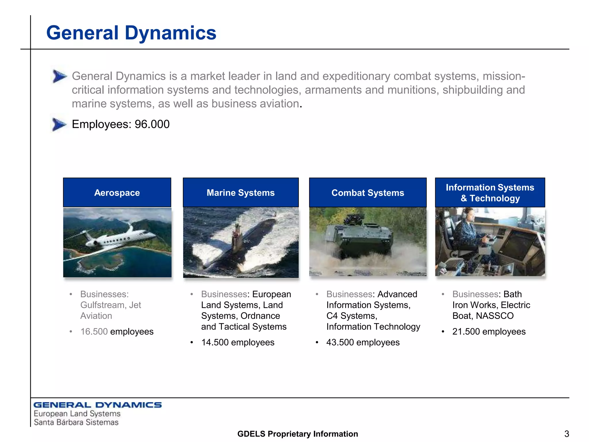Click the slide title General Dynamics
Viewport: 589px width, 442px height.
pos(131,33)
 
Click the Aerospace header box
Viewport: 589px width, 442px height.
pos(117,193)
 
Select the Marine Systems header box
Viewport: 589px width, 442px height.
pos(241,193)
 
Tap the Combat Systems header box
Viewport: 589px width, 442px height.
pos(368,193)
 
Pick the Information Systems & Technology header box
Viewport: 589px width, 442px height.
pos(490,193)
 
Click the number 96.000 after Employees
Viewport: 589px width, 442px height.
pos(152,124)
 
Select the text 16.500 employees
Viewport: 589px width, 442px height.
pos(117,331)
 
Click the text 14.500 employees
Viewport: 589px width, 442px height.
pos(238,342)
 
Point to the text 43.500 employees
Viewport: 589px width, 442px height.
pos(363,342)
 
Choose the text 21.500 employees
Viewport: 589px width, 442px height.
pos(489,331)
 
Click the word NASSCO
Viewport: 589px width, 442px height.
pos(495,316)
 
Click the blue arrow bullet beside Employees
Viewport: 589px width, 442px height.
pos(59,124)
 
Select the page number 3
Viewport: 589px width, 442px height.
pos(567,434)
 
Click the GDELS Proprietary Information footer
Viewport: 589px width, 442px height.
pos(298,434)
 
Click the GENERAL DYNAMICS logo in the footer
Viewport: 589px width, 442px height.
pos(97,405)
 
